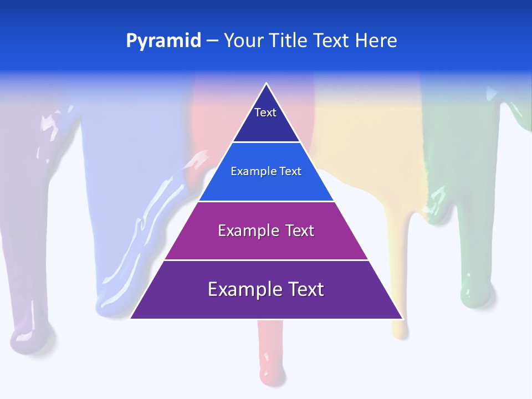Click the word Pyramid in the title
tap(163, 41)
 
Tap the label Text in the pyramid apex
tap(265, 112)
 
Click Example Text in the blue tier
tap(266, 171)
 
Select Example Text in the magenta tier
tap(266, 231)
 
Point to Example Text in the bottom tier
tap(266, 289)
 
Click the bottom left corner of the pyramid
tap(131, 318)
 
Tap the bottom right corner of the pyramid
tap(402, 318)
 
